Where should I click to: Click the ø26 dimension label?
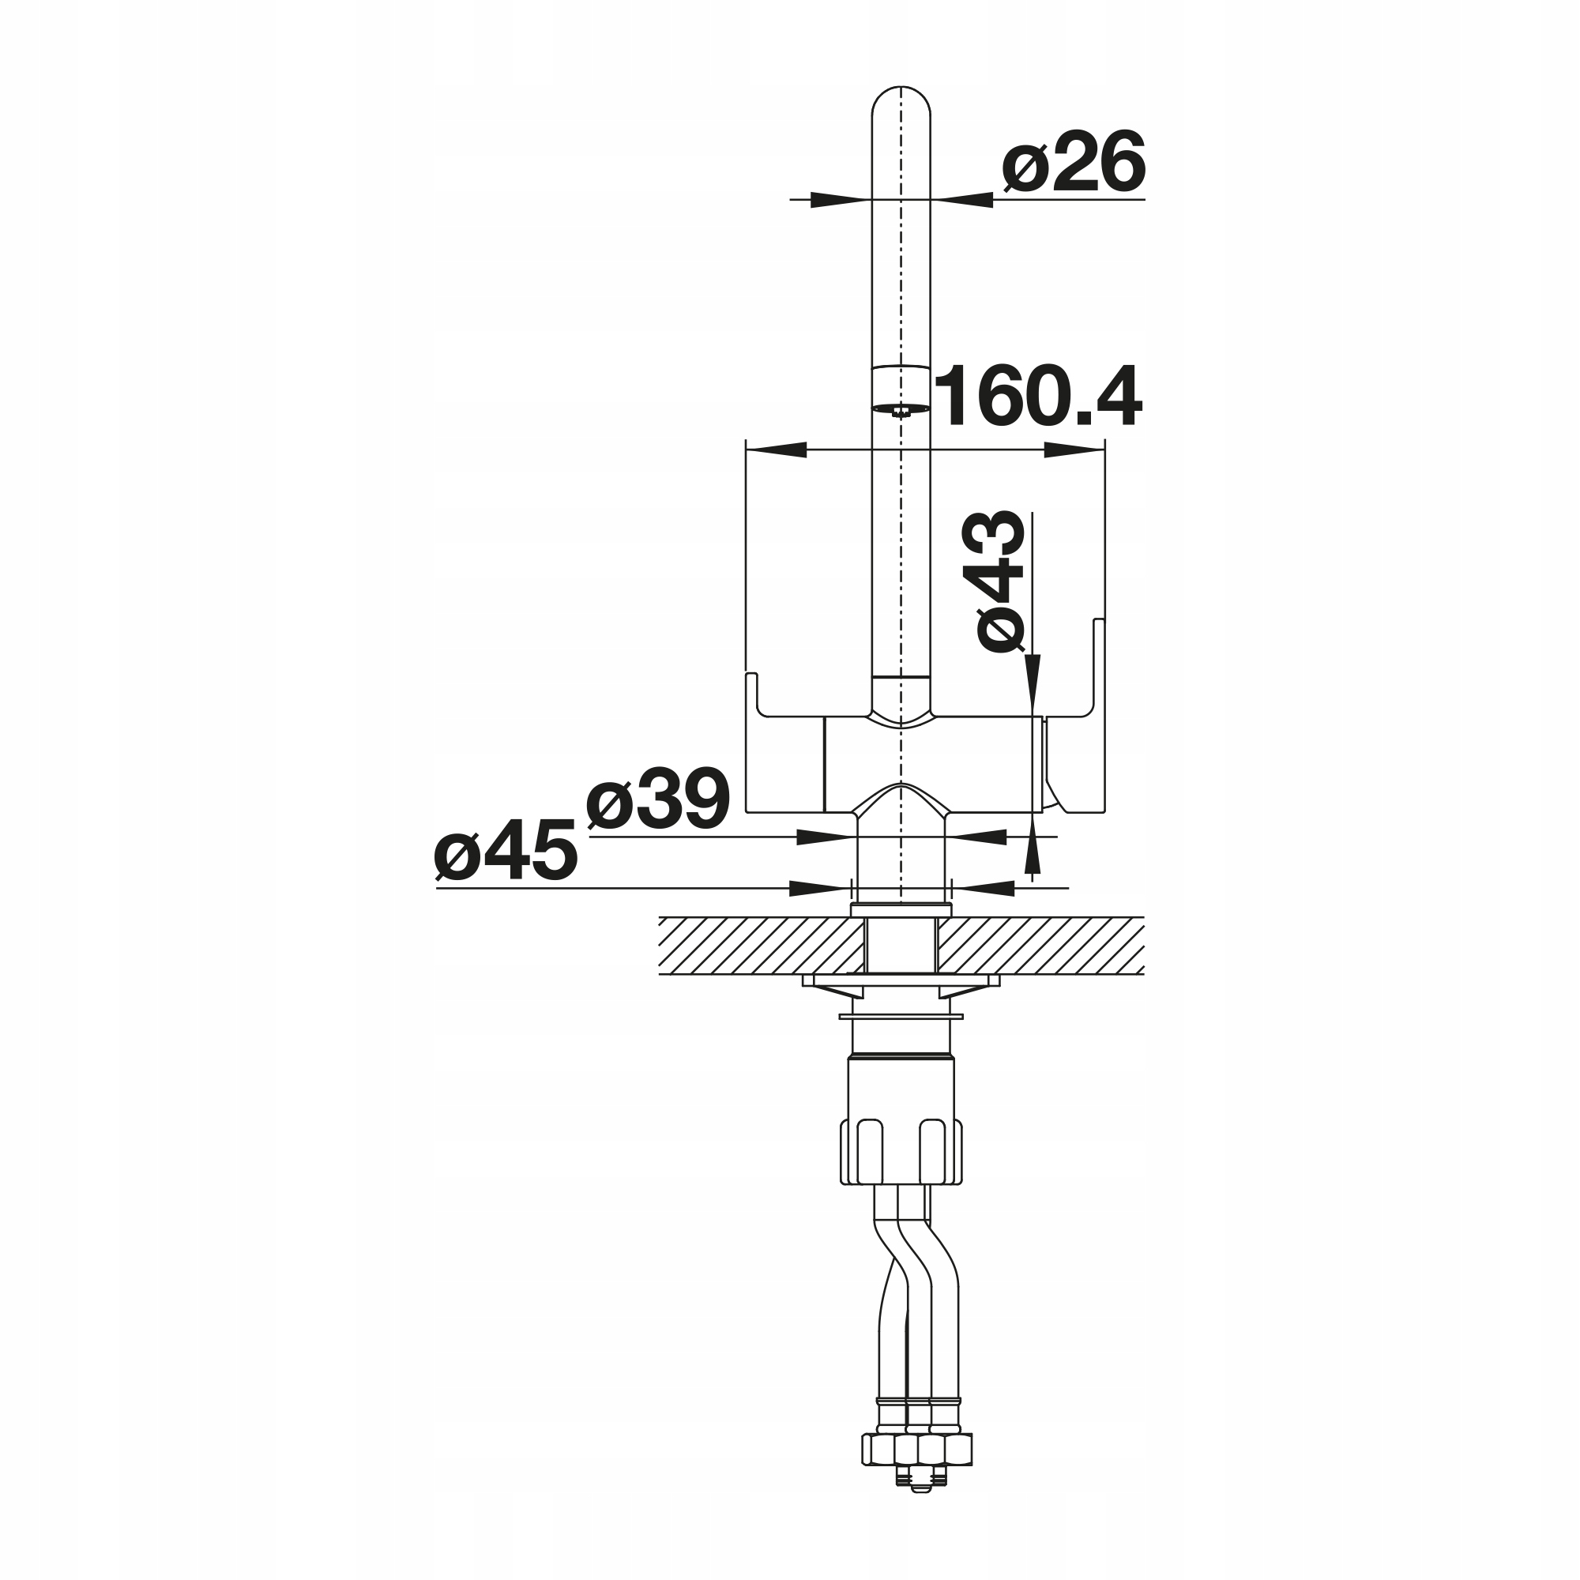(1074, 162)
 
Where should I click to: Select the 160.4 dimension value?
(1038, 397)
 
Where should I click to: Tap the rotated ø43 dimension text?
(1000, 581)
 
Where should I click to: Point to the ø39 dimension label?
(657, 799)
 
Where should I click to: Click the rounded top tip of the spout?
(901, 88)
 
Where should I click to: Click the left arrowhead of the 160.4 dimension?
(777, 450)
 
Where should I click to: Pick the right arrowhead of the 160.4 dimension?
(1074, 450)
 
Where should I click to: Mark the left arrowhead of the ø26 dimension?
(841, 200)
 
